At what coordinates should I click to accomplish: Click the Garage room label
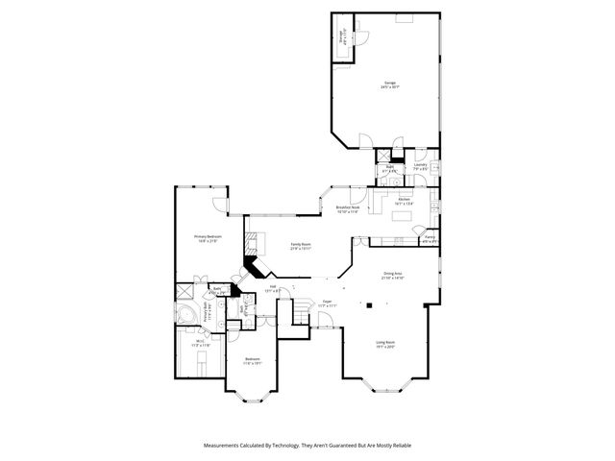390,84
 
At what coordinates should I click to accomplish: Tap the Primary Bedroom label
209,238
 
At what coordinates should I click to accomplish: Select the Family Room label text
301,246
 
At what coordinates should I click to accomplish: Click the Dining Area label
394,276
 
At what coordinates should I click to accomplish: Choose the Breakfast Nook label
347,208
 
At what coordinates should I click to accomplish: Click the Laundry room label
420,166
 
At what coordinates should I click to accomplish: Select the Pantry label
430,238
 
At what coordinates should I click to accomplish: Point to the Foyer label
328,303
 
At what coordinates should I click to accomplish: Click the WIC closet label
200,343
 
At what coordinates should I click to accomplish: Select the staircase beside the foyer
302,312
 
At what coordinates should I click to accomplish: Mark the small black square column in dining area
367,305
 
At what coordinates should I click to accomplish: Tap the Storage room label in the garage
343,38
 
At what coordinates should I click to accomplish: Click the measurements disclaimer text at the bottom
307,446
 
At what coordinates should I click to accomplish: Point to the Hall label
273,287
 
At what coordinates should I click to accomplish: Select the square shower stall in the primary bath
183,290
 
